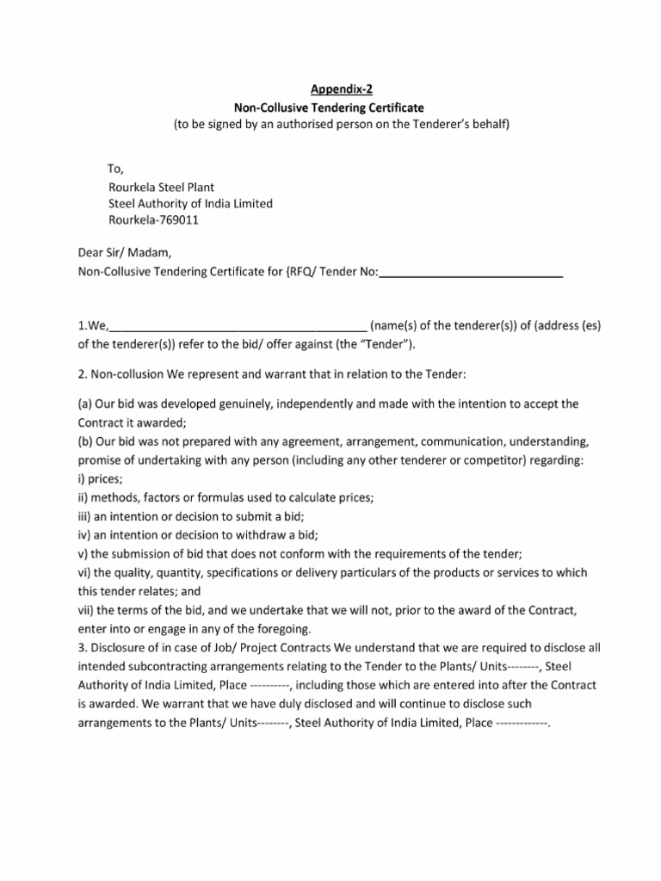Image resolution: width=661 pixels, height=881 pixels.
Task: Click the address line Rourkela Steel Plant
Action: click(x=161, y=186)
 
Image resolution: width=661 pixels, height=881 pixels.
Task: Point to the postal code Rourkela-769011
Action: click(x=158, y=220)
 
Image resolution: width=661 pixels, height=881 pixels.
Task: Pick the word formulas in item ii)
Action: click(x=226, y=497)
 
